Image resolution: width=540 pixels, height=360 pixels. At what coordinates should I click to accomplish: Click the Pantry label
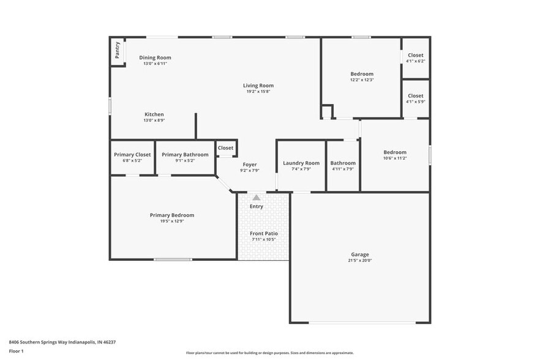pos(116,51)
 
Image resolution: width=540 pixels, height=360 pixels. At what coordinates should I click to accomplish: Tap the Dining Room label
pos(154,58)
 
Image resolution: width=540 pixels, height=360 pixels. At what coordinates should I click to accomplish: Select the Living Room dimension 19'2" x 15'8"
pos(258,91)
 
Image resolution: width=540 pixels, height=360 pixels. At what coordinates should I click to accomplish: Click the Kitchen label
pos(154,114)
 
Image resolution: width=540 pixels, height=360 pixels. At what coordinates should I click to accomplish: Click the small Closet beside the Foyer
pos(225,148)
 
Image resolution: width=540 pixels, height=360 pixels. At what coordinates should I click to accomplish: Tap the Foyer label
pos(250,165)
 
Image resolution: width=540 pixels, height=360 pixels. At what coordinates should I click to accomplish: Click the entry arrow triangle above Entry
pos(257,197)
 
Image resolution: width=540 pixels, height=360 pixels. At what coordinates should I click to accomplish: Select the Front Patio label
pos(264,234)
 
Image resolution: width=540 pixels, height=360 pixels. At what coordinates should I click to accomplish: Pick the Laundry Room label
pos(301,163)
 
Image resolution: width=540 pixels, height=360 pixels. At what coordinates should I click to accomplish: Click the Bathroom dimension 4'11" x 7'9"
pos(343,169)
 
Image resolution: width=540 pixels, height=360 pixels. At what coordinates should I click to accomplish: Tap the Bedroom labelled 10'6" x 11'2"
pos(395,152)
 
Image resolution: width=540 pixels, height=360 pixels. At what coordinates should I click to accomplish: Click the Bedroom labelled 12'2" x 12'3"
pos(362,74)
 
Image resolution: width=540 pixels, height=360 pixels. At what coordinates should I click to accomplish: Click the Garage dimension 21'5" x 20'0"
pos(359,260)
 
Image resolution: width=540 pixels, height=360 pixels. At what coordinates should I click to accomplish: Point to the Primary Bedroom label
pos(172,215)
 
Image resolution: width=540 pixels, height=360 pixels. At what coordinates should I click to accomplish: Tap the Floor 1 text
pos(16,351)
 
